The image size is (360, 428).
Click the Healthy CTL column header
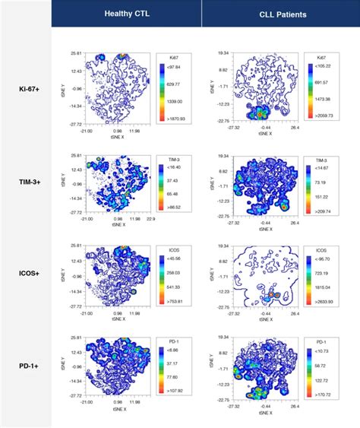126,13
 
